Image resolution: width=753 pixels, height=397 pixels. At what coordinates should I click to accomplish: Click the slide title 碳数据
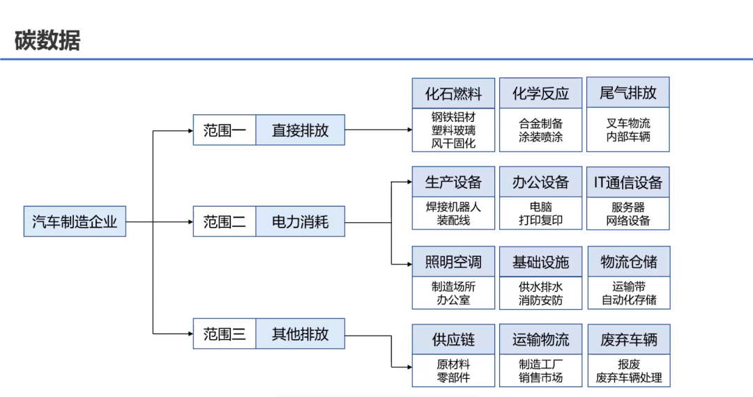tap(47, 40)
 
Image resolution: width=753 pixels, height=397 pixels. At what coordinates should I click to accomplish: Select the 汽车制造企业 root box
tap(75, 221)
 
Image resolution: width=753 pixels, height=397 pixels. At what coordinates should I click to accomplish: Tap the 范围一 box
tap(225, 130)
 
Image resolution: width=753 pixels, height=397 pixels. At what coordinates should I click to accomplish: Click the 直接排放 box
tap(300, 130)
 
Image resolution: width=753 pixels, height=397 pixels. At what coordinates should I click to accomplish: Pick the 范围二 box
tap(225, 222)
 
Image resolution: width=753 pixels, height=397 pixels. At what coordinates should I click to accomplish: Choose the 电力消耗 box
tap(300, 222)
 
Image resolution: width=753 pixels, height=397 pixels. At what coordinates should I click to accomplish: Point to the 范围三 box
tap(225, 334)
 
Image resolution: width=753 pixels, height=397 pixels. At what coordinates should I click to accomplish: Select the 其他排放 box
tap(300, 334)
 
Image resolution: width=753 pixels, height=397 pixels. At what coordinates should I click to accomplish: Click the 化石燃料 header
tap(453, 93)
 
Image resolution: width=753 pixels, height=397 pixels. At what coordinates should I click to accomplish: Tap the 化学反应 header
tap(540, 93)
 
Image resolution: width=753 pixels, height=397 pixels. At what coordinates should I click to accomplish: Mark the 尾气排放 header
tap(628, 93)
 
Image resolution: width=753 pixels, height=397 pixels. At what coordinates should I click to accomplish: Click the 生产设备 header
tap(453, 182)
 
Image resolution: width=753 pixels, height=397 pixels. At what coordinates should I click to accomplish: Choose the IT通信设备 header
tap(628, 182)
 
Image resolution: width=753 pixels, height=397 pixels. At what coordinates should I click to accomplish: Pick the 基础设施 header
tap(540, 262)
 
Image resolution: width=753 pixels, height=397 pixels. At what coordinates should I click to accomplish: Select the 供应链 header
tap(453, 339)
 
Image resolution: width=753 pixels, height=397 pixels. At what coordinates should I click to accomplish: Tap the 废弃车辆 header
tap(628, 339)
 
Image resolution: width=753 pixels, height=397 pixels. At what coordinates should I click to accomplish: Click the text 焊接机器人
tap(453, 207)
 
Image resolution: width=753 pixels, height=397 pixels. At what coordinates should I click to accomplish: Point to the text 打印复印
tap(540, 221)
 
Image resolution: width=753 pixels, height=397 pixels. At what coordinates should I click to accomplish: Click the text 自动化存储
tap(629, 301)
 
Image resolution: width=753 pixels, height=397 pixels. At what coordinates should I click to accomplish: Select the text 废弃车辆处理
tap(629, 378)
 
